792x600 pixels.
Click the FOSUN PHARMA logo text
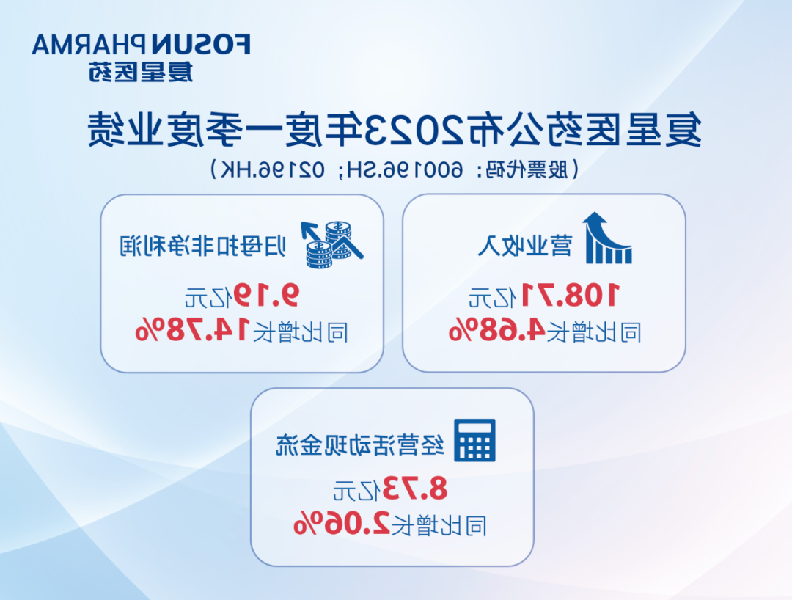click(x=142, y=45)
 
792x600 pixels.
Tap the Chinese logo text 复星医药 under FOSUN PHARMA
click(x=141, y=72)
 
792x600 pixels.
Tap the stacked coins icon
click(x=332, y=244)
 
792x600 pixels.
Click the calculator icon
click(x=474, y=440)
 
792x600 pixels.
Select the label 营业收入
click(x=525, y=246)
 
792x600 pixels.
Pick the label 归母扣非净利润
click(x=203, y=246)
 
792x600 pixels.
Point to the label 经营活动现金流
click(x=360, y=444)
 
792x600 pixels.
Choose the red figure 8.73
click(x=415, y=488)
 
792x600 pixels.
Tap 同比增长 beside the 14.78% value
click(x=300, y=332)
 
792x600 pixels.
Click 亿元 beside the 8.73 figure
click(x=356, y=489)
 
